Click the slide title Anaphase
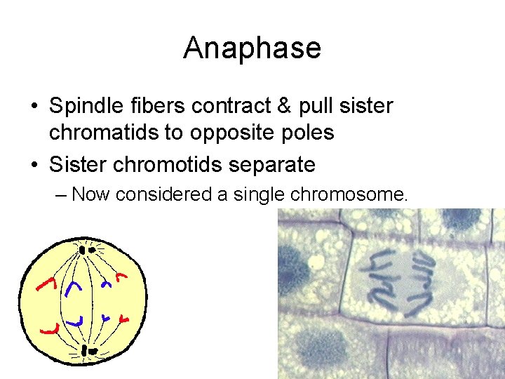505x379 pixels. [252, 48]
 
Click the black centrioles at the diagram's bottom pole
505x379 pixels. [87, 350]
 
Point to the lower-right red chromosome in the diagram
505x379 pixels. [124, 320]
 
